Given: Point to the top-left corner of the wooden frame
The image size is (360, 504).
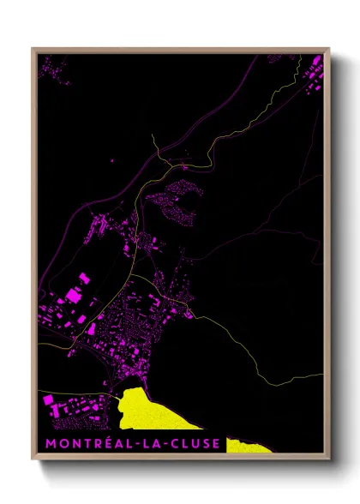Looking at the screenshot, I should [x=33, y=49].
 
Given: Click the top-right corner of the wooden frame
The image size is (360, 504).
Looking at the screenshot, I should [x=329, y=49].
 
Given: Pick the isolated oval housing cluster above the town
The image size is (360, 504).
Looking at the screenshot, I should [x=176, y=201].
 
